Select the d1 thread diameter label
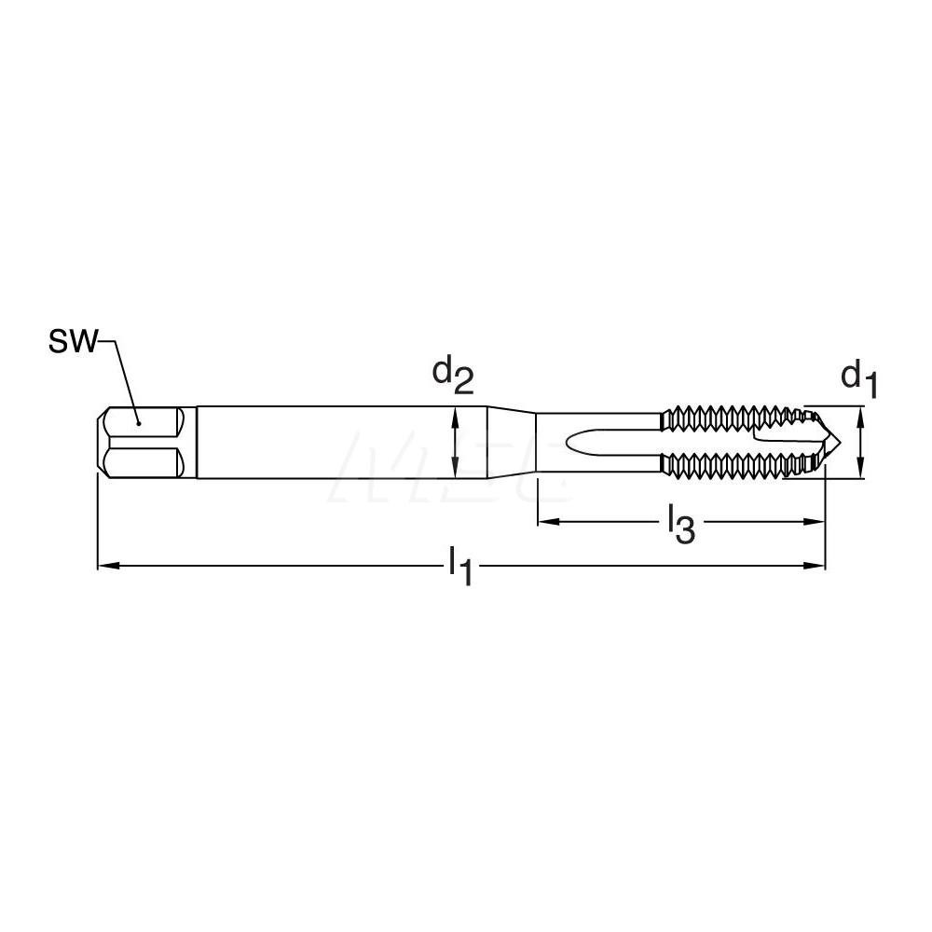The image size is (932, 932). coord(861,378)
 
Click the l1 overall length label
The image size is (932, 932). coord(459,568)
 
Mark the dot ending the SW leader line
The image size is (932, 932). coord(139,421)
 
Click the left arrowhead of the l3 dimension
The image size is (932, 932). coord(542,521)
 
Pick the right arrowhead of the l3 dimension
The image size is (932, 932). coord(819,521)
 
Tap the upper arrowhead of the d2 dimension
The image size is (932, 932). coord(455,413)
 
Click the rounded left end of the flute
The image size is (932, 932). coord(576,443)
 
